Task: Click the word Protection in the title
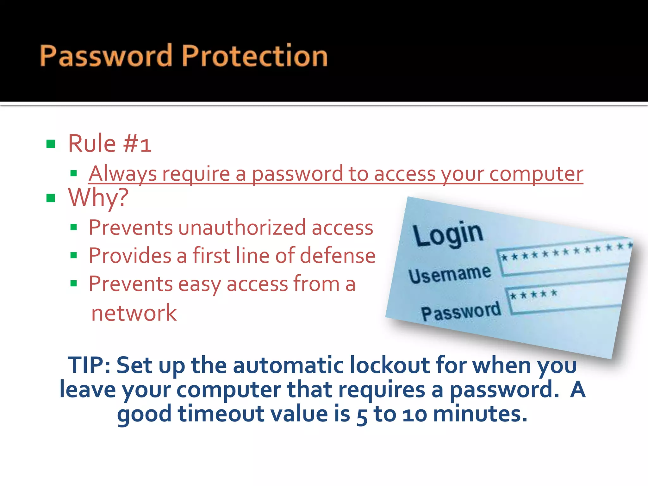pyautogui.click(x=255, y=56)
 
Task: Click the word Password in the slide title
pyautogui.click(x=106, y=56)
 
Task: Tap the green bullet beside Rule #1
pyautogui.click(x=51, y=144)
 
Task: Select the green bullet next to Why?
pyautogui.click(x=51, y=198)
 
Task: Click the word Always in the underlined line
pyautogui.click(x=123, y=174)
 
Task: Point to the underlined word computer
pyautogui.click(x=536, y=174)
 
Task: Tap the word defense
pyautogui.click(x=338, y=256)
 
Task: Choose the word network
pyautogui.click(x=134, y=313)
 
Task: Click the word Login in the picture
pyautogui.click(x=448, y=234)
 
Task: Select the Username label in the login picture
pyautogui.click(x=450, y=274)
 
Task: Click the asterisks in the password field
pyautogui.click(x=533, y=295)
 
